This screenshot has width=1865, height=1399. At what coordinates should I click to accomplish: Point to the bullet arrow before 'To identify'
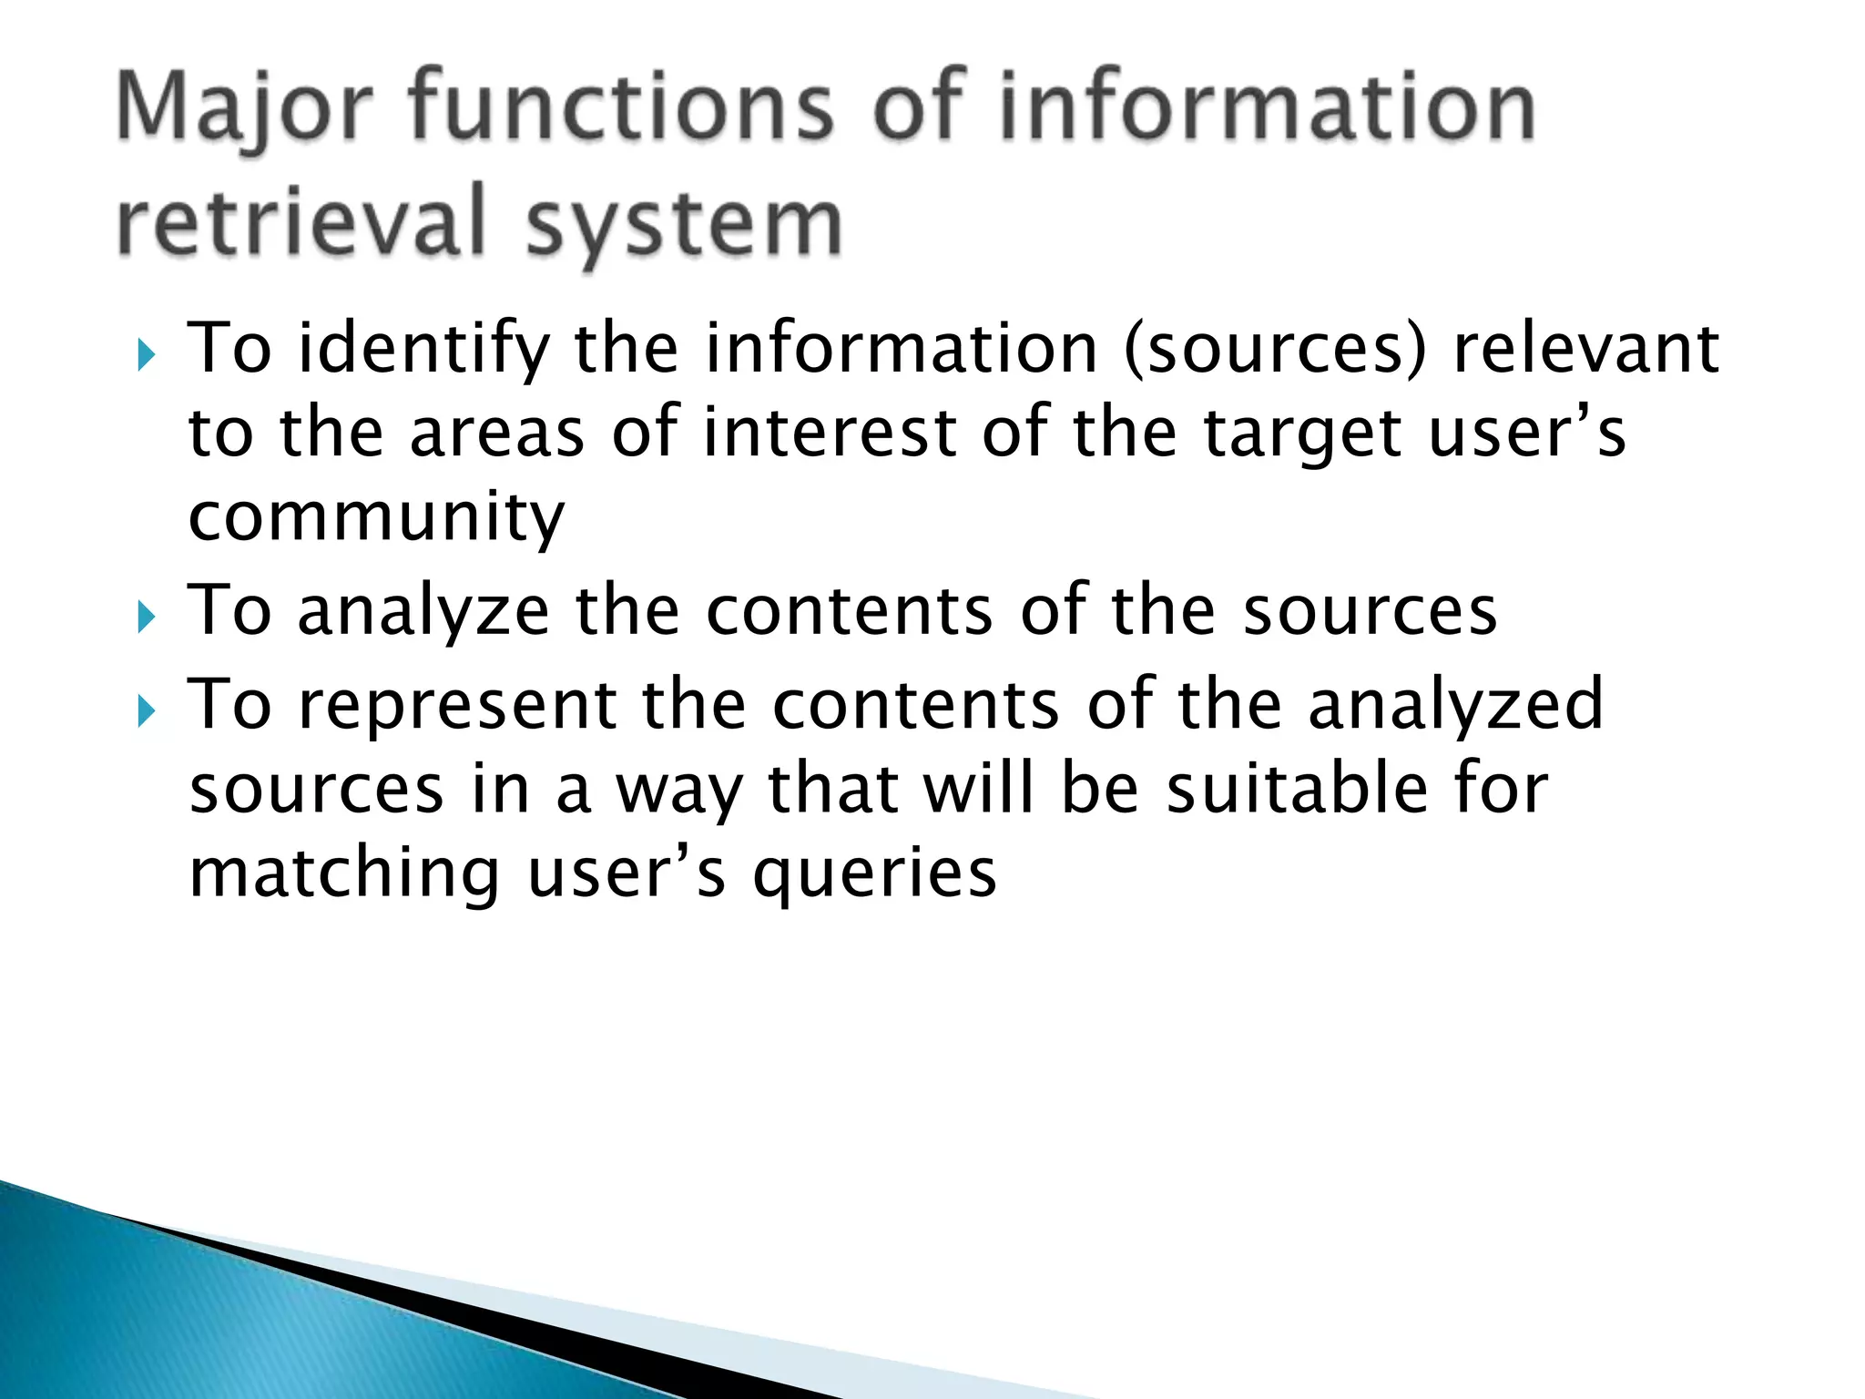(x=147, y=355)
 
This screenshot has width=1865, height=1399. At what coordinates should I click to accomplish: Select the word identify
(x=424, y=350)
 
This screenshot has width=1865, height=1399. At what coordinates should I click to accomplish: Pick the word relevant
(x=1585, y=350)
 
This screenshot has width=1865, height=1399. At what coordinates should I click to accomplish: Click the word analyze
(x=424, y=612)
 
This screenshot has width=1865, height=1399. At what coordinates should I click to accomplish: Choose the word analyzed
(x=1455, y=706)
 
